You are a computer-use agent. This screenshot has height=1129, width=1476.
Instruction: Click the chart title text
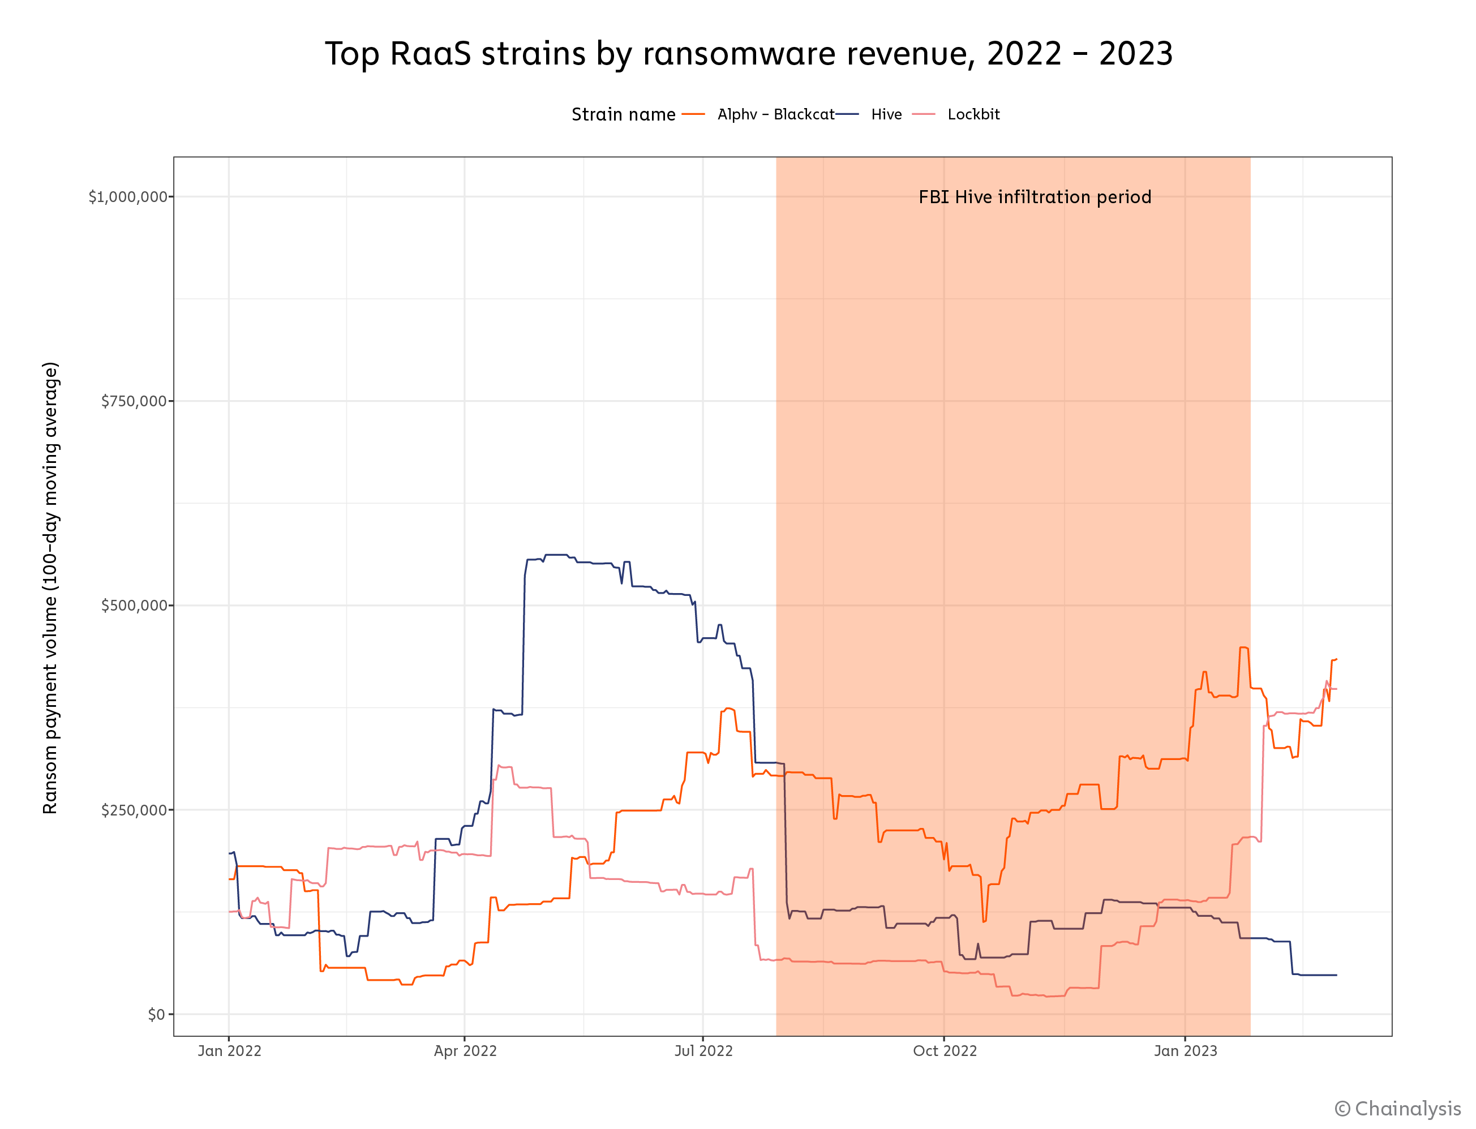pyautogui.click(x=748, y=54)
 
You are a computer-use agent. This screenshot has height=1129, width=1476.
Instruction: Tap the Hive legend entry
pyautogui.click(x=886, y=115)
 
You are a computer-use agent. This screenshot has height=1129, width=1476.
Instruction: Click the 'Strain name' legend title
pyautogui.click(x=623, y=115)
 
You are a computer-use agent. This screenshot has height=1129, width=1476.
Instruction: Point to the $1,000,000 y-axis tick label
pyautogui.click(x=128, y=197)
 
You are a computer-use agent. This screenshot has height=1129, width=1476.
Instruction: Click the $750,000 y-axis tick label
pyautogui.click(x=134, y=401)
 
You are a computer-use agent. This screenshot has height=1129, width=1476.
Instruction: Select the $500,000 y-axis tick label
pyautogui.click(x=134, y=606)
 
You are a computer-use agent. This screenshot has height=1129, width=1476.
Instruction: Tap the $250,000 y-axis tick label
pyautogui.click(x=134, y=810)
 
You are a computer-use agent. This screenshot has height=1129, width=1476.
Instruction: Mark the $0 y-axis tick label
pyautogui.click(x=156, y=1014)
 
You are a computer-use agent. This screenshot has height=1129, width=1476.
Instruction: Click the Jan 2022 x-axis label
pyautogui.click(x=229, y=1051)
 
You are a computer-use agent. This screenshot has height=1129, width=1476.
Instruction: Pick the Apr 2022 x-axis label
pyautogui.click(x=465, y=1051)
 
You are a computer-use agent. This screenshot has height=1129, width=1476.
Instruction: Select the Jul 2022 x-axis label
pyautogui.click(x=703, y=1051)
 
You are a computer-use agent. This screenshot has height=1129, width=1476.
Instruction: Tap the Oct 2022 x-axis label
pyautogui.click(x=945, y=1051)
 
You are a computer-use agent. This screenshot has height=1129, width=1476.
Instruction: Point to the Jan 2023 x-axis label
pyautogui.click(x=1185, y=1051)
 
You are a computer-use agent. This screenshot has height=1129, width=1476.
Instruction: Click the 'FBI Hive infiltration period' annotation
pyautogui.click(x=1035, y=197)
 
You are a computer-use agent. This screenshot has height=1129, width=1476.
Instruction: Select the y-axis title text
pyautogui.click(x=50, y=588)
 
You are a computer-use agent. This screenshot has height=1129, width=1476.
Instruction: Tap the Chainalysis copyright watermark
pyautogui.click(x=1397, y=1108)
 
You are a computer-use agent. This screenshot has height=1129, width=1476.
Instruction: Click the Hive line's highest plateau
pyautogui.click(x=556, y=555)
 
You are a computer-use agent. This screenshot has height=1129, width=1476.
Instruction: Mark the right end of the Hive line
pyautogui.click(x=1336, y=975)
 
